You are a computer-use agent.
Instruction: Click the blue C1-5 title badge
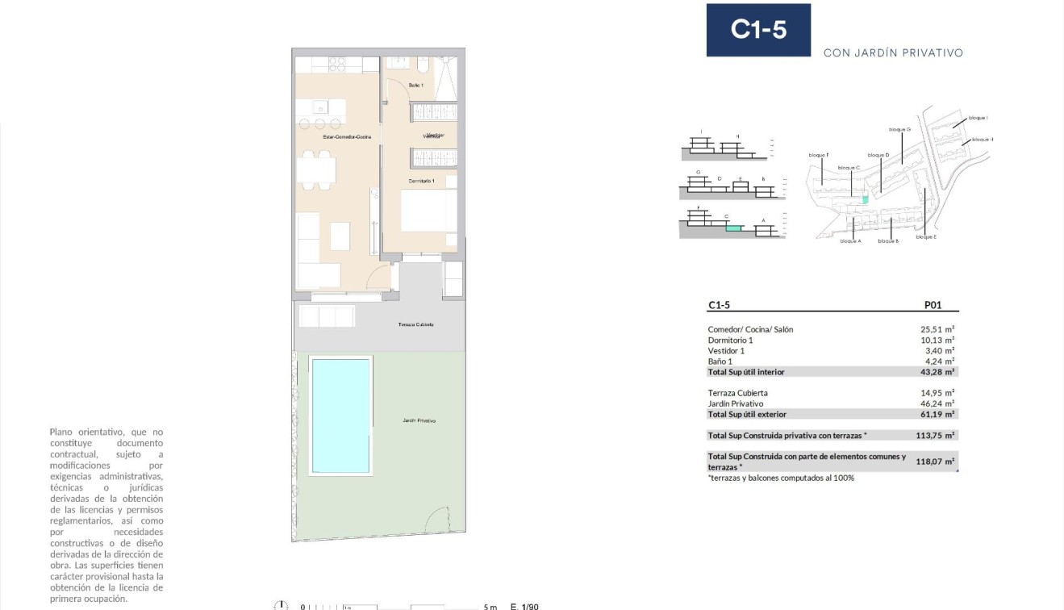(758, 30)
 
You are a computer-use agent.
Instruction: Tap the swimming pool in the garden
(341, 416)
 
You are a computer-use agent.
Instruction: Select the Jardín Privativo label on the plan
(419, 421)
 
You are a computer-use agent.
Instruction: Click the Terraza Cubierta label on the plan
(415, 324)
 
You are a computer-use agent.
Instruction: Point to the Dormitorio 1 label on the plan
(421, 181)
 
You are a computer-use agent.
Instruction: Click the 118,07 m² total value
(936, 462)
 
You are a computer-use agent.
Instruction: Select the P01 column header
(933, 306)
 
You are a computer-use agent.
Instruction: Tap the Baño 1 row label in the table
(720, 361)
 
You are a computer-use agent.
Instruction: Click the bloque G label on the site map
(899, 129)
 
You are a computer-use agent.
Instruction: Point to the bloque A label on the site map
(850, 241)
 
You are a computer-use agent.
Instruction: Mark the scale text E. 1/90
(524, 606)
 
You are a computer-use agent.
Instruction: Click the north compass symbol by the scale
(282, 606)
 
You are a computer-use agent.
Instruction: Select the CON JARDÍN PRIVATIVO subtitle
(893, 53)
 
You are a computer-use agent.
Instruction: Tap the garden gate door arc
(436, 520)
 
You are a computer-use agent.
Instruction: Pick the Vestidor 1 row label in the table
(726, 351)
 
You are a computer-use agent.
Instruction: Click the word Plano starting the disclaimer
(62, 432)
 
